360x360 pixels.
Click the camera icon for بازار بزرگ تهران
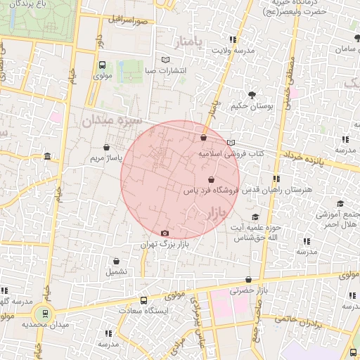tap(165, 233)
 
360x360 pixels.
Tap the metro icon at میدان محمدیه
tap(46, 314)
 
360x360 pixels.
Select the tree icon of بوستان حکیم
tap(252, 94)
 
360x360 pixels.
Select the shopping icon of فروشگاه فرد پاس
tap(211, 179)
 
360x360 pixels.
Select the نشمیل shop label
tap(116, 271)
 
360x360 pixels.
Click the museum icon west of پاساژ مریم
tap(47, 155)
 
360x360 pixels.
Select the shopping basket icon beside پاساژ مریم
tap(105, 148)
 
